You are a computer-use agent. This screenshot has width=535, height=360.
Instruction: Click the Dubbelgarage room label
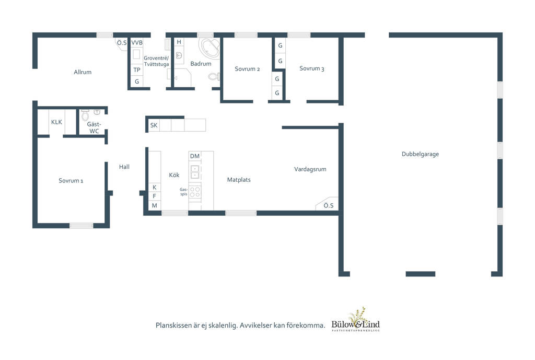click(420, 154)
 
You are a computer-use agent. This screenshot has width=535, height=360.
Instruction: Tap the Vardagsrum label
click(310, 169)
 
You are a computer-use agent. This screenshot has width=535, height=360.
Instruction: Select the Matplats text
click(239, 180)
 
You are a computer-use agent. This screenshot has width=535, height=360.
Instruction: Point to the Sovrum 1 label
click(71, 180)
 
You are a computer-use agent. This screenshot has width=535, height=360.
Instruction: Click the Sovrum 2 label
click(247, 69)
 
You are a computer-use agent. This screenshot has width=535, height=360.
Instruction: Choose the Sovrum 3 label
click(311, 68)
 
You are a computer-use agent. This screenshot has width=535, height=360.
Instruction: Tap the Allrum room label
click(83, 72)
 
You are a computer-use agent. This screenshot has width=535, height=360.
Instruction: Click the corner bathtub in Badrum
click(210, 48)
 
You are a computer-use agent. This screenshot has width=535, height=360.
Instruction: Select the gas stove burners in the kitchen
click(195, 192)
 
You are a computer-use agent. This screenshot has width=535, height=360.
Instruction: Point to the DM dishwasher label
click(195, 156)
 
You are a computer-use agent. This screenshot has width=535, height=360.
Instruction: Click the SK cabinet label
click(154, 125)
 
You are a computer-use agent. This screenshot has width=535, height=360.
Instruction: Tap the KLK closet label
click(56, 122)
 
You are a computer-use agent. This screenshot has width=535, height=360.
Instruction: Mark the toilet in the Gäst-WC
click(85, 115)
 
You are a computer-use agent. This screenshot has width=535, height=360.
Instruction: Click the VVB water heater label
click(137, 43)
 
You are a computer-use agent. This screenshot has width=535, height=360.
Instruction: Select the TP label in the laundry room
click(137, 70)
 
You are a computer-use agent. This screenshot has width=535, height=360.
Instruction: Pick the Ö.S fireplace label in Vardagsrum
click(329, 205)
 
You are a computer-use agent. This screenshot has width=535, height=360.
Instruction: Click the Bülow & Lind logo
click(355, 320)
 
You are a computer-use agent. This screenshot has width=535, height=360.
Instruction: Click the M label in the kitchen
click(155, 205)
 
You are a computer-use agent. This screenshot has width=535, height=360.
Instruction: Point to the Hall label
click(124, 167)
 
